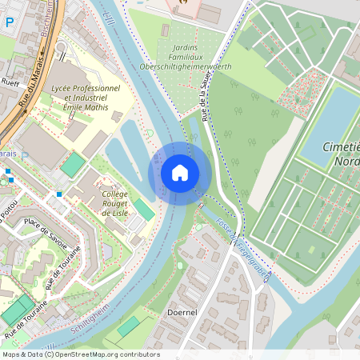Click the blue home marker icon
[x=179, y=173]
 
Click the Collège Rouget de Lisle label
[x=121, y=203]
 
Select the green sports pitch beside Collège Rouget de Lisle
[x=144, y=210]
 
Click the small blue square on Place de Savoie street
[x=59, y=194]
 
